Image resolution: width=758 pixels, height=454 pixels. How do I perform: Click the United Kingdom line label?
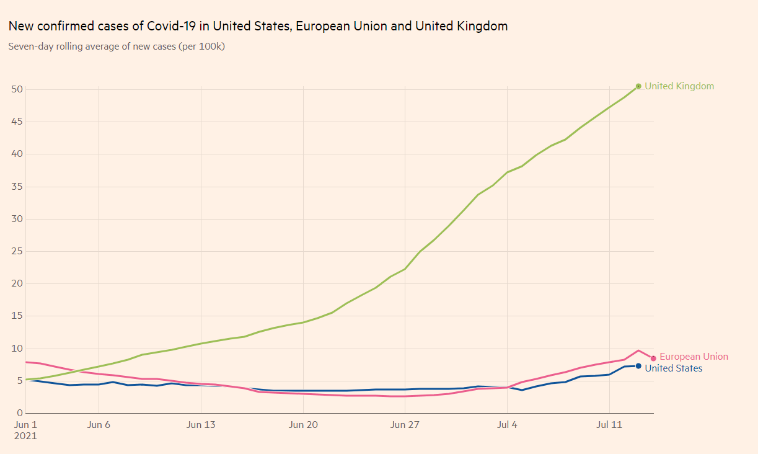coord(679,86)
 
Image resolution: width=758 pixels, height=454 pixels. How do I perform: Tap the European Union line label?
coord(694,357)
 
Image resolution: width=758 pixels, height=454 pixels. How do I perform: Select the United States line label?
coord(674,368)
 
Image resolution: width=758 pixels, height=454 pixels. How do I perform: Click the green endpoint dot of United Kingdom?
coord(638,86)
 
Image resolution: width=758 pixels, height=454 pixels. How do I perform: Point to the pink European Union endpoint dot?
coord(653,358)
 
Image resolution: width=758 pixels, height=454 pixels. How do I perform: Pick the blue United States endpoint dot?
coord(638,366)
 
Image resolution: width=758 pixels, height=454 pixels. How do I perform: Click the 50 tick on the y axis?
coord(17,89)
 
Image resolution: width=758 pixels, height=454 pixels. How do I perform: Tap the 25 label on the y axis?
coord(17,251)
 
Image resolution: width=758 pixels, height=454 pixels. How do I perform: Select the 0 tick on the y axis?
coord(20,413)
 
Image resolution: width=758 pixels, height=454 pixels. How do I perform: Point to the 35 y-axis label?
coord(17,186)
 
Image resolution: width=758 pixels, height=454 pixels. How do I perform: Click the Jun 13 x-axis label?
coord(201,425)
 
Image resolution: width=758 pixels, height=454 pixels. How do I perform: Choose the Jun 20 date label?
coord(303,425)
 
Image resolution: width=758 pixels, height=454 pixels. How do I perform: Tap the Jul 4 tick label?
coord(507,425)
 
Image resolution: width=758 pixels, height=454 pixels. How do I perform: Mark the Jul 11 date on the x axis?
coord(609,425)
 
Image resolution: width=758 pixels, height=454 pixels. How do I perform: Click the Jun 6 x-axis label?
coord(99,425)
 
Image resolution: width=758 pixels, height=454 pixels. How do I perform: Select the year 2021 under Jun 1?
coord(25,436)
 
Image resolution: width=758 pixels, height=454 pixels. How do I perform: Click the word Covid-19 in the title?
coord(172,26)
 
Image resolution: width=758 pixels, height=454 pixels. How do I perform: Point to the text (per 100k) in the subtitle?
coord(201,47)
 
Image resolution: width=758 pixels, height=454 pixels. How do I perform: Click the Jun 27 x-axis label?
coord(405,425)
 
